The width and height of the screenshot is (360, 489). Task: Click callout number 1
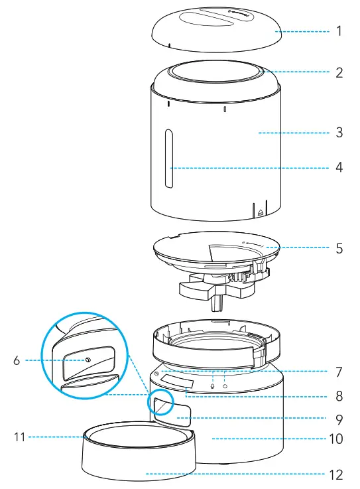tap(339, 31)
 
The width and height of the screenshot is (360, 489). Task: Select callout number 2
tap(339, 73)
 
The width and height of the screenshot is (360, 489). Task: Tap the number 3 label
tap(339, 133)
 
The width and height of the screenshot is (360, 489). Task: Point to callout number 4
tap(339, 168)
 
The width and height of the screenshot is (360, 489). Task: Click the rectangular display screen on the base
tap(178, 384)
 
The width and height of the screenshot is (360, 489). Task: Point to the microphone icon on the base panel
tap(212, 384)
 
